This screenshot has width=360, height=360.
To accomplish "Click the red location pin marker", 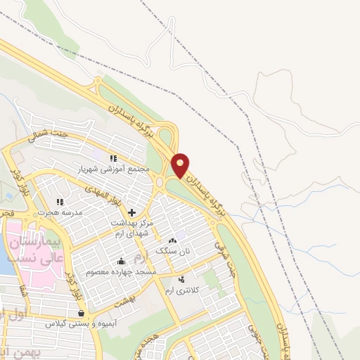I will (x=181, y=165).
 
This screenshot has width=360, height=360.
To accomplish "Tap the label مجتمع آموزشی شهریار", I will (x=112, y=169).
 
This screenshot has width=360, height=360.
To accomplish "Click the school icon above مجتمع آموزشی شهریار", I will (x=112, y=158).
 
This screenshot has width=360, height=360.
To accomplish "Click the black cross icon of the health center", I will (x=131, y=212).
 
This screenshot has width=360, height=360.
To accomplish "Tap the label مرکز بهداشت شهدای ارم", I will (x=131, y=228).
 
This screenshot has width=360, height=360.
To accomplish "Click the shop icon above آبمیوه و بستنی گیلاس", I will (x=81, y=314).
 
